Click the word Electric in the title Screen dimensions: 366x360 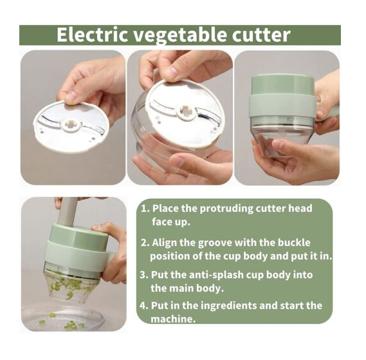tap(92, 35)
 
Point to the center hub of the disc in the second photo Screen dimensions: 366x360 tap(186, 112)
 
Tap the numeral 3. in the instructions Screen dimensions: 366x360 tap(144, 275)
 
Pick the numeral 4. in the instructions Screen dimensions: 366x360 tap(144, 305)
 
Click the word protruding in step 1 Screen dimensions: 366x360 tap(226, 209)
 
